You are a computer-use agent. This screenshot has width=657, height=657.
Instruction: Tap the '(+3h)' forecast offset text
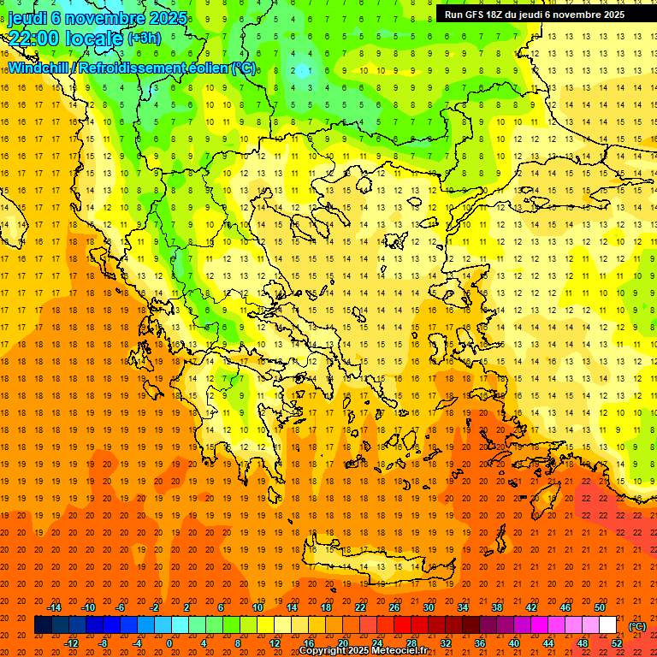click(144, 38)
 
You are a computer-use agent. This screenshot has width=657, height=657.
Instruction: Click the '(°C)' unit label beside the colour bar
click(637, 626)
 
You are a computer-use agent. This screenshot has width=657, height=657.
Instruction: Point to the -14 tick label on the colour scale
click(56, 607)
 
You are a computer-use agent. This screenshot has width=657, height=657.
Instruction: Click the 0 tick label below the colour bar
click(169, 643)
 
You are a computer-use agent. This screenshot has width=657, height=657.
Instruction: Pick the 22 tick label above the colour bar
click(359, 607)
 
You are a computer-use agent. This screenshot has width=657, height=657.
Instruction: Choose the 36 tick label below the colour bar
click(480, 643)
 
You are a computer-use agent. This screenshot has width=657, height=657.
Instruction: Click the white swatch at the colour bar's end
click(607, 625)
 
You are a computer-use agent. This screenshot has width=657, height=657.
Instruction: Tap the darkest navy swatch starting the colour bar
click(43, 625)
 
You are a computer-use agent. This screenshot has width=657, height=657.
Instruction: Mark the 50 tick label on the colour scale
click(599, 607)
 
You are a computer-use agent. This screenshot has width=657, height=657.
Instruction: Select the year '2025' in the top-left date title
click(168, 17)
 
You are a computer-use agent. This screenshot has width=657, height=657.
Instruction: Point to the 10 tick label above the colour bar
click(257, 607)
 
